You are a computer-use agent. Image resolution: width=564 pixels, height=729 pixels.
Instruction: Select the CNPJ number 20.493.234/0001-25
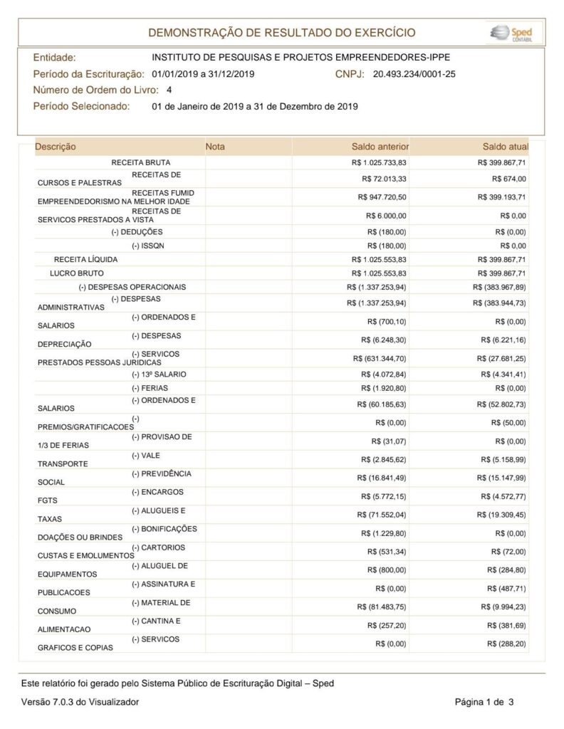(x=414, y=73)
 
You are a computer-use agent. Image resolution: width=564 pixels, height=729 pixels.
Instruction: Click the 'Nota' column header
(x=215, y=147)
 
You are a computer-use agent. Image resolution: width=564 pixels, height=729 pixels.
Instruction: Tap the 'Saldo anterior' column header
(x=380, y=147)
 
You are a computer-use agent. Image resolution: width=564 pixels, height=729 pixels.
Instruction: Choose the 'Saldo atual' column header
(x=504, y=147)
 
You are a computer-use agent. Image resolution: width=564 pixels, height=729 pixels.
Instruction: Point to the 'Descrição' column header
(x=56, y=147)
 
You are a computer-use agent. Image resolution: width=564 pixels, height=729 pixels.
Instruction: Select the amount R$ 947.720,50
(x=384, y=196)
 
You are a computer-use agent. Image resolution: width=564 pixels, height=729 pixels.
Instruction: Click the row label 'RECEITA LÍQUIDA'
(x=85, y=259)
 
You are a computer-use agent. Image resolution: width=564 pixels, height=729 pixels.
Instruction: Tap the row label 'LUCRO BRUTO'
(x=77, y=273)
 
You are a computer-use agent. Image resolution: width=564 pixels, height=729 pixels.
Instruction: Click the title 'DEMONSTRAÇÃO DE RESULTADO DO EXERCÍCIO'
(x=281, y=33)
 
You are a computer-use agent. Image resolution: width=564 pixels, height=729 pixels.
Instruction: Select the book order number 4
(x=169, y=90)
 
